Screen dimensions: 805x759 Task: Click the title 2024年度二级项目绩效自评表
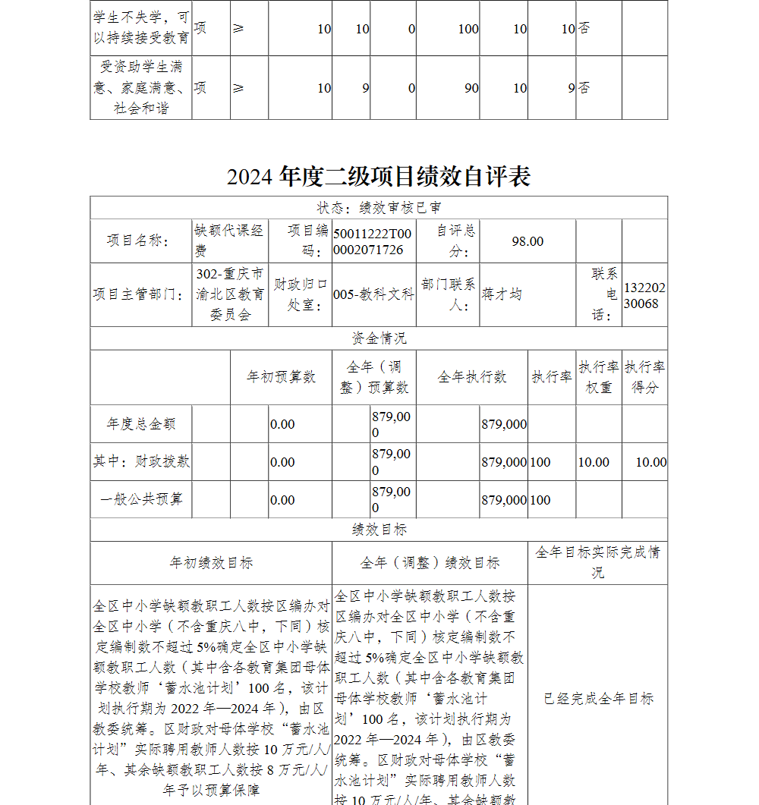[x=379, y=177]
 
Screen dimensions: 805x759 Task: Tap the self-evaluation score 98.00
[x=528, y=241]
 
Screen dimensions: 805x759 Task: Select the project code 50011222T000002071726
[x=373, y=241]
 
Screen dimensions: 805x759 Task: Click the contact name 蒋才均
[x=502, y=294]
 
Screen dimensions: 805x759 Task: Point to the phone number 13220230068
[x=645, y=295]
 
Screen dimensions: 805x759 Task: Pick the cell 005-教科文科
[x=373, y=294]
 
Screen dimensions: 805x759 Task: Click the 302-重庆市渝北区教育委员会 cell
[x=230, y=294]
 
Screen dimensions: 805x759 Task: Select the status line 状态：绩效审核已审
[x=379, y=208]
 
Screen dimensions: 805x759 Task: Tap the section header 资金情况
[x=379, y=338]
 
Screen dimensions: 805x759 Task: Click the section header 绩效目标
[x=379, y=530]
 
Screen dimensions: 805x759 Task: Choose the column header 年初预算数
[x=281, y=377]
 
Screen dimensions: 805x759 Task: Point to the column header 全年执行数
[x=471, y=377]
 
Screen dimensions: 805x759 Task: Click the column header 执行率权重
[x=598, y=377]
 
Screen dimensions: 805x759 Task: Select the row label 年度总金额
[x=141, y=424]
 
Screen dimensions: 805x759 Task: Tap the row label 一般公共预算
[x=141, y=500]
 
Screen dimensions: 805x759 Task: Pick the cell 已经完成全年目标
[x=598, y=699]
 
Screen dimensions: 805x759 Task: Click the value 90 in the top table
[x=471, y=88]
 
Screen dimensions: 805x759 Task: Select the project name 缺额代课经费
[x=230, y=241]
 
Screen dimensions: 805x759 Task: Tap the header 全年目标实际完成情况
[x=598, y=562]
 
